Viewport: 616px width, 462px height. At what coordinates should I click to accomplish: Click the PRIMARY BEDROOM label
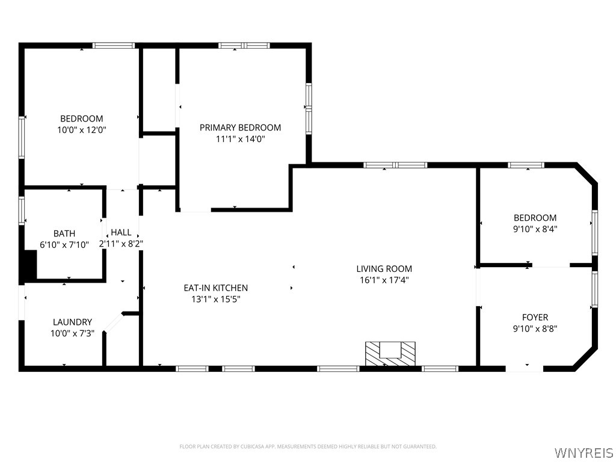(240, 128)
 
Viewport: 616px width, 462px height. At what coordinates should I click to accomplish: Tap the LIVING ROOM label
(384, 269)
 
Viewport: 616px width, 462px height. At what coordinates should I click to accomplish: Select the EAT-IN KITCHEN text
(216, 288)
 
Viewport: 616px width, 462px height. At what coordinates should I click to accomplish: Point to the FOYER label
(535, 317)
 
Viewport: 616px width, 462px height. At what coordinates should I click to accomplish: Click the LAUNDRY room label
(72, 322)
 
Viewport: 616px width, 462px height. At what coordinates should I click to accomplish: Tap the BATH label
(64, 234)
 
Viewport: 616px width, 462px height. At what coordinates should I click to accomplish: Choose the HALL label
(121, 233)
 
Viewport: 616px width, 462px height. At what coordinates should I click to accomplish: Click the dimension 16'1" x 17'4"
(384, 280)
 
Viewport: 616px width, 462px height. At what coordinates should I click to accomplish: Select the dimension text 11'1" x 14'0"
(240, 139)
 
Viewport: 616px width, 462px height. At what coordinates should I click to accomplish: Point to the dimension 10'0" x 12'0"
(82, 130)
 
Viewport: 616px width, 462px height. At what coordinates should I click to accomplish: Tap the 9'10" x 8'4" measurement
(535, 229)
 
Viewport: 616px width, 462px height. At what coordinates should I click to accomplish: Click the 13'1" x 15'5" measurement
(216, 299)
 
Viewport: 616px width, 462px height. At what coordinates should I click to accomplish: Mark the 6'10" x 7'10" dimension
(64, 245)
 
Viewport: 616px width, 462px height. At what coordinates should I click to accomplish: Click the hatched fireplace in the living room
(390, 355)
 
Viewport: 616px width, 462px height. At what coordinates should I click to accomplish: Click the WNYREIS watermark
(584, 452)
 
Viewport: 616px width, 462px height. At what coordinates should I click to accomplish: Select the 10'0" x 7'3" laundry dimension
(72, 333)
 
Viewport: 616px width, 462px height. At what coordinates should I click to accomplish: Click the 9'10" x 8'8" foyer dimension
(535, 328)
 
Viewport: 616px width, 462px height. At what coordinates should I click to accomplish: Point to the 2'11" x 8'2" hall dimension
(121, 244)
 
